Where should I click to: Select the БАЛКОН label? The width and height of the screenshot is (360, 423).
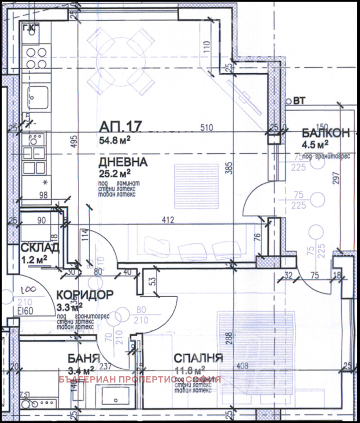[x=326, y=133]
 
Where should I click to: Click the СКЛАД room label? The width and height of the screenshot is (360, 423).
[x=39, y=248]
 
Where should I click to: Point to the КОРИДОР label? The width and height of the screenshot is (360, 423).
[x=85, y=295]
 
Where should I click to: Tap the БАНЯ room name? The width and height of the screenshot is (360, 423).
[x=83, y=358]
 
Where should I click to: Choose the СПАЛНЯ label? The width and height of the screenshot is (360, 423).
[x=198, y=358]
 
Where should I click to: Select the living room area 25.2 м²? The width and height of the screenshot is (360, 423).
[x=115, y=172]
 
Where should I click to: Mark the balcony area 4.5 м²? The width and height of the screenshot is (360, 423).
[x=315, y=144]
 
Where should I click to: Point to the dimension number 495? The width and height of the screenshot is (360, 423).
[x=74, y=142]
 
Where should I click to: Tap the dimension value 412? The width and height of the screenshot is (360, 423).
[x=168, y=220]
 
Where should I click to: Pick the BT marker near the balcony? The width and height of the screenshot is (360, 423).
[x=299, y=101]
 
